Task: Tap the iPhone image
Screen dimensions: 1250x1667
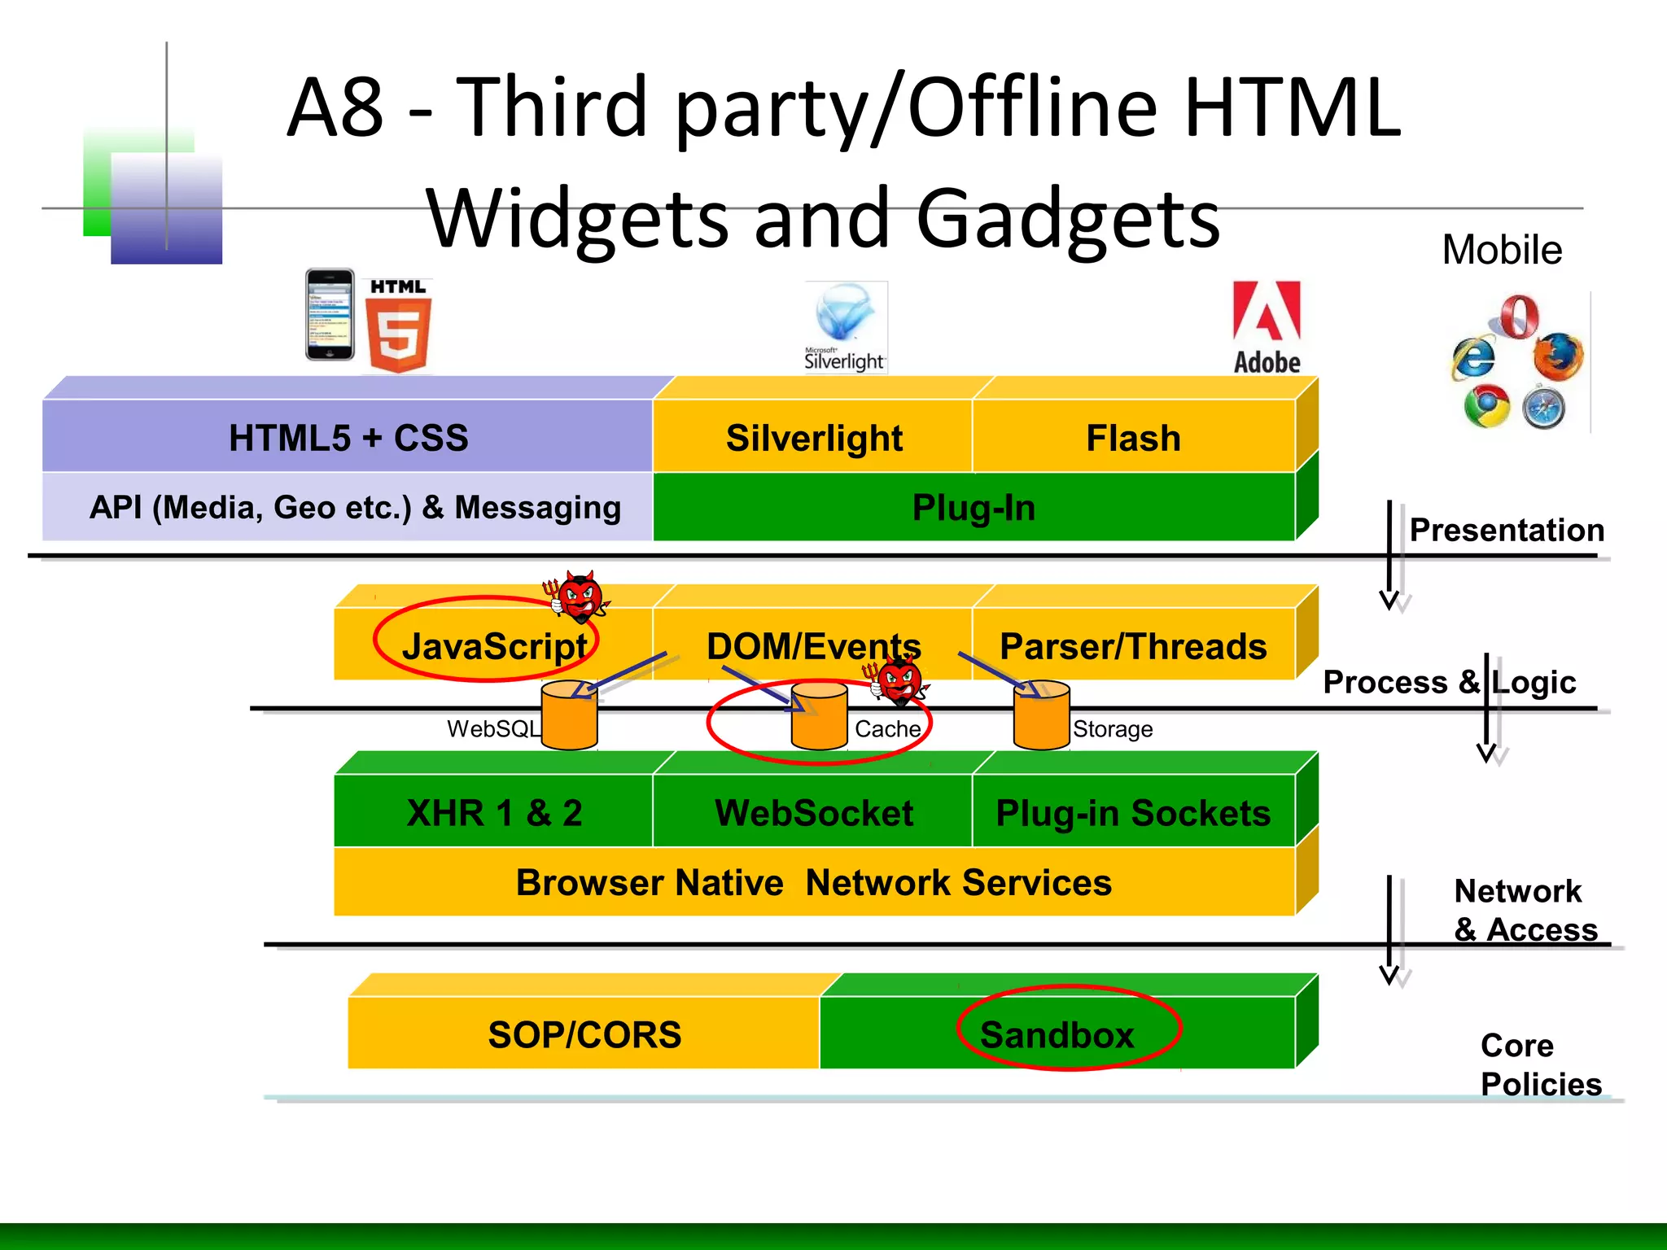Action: coord(330,315)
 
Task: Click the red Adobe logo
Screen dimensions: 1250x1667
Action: coord(1267,327)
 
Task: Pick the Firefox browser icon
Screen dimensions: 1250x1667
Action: coord(1557,356)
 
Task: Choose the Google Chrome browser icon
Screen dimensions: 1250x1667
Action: coord(1486,406)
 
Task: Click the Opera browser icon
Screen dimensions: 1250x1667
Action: coord(1519,317)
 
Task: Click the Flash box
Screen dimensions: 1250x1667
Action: coord(1133,438)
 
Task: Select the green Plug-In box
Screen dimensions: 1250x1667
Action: coord(974,508)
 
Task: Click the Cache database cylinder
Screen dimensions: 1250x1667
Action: coord(819,716)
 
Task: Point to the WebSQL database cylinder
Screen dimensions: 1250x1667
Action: coord(569,716)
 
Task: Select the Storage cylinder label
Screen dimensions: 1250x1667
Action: coord(1112,729)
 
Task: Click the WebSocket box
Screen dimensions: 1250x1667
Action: coord(813,812)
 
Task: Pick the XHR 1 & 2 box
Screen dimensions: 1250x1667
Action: coord(494,812)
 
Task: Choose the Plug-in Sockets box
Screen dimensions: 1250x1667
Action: coord(1133,812)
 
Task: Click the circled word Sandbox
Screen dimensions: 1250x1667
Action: coord(1057,1034)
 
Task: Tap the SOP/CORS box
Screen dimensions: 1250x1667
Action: coord(584,1034)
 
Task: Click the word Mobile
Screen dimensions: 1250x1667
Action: coord(1502,250)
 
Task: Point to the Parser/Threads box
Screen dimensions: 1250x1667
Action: coord(1133,646)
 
